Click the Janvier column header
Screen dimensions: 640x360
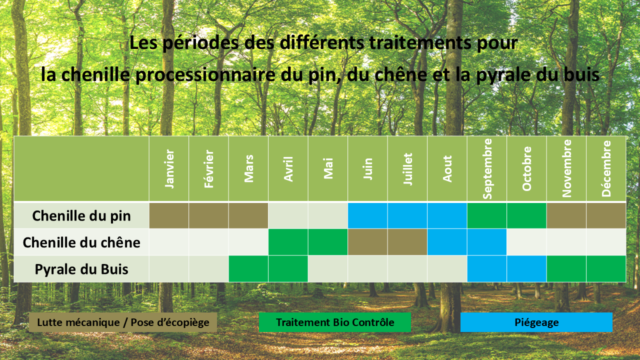(169, 168)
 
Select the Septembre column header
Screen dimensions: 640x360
(487, 168)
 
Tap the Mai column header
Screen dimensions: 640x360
(328, 168)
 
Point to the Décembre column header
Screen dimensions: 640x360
(606, 168)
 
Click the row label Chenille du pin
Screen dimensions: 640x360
(81, 215)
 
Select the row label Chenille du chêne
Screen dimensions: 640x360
(81, 242)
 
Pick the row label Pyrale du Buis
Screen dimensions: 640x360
(81, 269)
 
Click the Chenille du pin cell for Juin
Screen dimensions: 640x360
(367, 215)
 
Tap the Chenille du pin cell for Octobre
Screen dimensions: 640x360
(526, 215)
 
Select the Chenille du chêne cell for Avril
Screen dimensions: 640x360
(288, 242)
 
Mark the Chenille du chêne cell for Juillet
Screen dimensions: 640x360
(407, 242)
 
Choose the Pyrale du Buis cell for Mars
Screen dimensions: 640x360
(248, 269)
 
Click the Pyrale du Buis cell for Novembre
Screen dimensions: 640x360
(566, 269)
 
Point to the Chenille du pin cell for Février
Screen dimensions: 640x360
(208, 215)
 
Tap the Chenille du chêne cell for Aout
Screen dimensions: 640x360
(447, 242)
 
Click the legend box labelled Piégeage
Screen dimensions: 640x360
(536, 322)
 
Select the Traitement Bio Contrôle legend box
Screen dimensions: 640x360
(335, 322)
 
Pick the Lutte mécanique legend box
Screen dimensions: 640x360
(123, 322)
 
